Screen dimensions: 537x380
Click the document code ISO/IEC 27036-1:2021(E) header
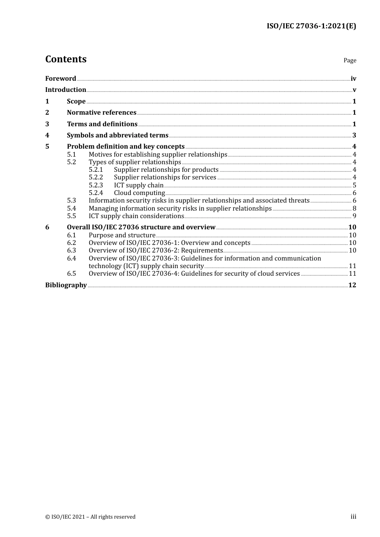(311, 26)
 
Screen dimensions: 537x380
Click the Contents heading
(66, 59)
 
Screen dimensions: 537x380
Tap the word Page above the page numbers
(350, 60)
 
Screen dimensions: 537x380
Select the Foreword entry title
(60, 78)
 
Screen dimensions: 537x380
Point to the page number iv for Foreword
(353, 79)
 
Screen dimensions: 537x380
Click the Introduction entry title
(66, 89)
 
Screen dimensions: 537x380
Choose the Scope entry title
(76, 101)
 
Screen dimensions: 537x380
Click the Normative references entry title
(102, 112)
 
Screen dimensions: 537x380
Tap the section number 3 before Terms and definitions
(47, 124)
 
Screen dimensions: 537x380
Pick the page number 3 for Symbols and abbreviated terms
(354, 135)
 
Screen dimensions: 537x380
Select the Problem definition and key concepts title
(126, 146)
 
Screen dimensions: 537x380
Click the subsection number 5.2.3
(96, 185)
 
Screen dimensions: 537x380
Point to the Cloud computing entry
(139, 193)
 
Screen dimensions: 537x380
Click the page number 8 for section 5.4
(354, 208)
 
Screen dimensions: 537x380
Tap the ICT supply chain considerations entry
(136, 216)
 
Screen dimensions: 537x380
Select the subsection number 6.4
(71, 258)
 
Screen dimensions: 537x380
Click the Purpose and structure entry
(122, 235)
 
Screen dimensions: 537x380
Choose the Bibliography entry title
(66, 285)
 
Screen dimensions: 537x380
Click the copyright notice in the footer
(90, 517)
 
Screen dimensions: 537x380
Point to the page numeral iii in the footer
(353, 516)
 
